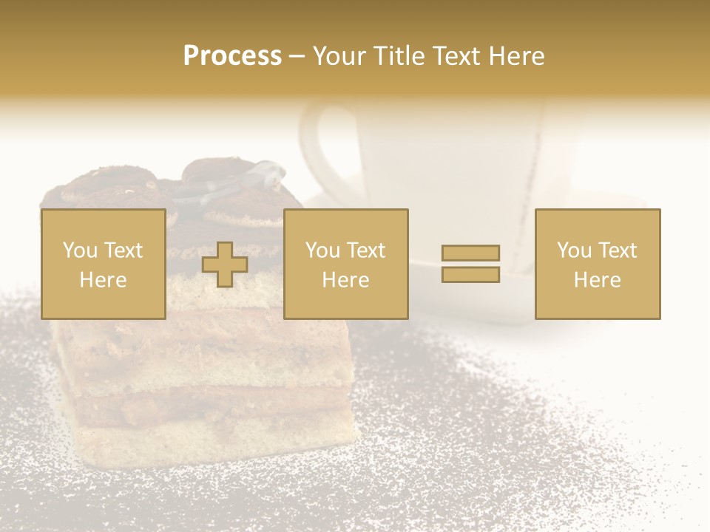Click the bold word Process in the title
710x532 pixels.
point(232,56)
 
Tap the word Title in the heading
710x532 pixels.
point(399,56)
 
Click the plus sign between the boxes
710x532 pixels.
point(225,265)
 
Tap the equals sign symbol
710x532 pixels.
point(470,264)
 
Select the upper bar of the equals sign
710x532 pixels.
point(470,253)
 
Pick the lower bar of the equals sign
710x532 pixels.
point(470,274)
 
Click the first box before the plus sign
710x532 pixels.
point(103,264)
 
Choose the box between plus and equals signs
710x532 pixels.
point(345,264)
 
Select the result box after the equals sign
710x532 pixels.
point(597,264)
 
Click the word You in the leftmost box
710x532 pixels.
point(78,250)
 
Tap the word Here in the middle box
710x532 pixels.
point(345,280)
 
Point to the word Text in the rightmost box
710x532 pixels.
point(618,250)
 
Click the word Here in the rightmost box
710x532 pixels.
point(597,280)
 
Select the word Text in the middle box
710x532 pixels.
point(366,250)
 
